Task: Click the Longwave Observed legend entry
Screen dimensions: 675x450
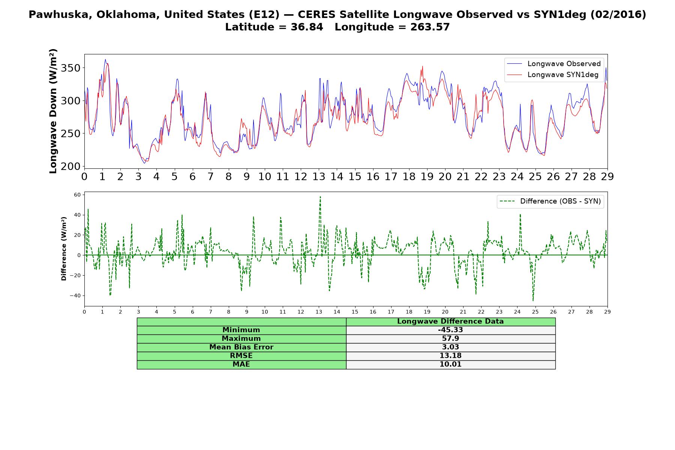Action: point(553,64)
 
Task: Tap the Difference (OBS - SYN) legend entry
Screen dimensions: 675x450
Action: point(550,201)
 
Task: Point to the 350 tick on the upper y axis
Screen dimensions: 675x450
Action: point(71,68)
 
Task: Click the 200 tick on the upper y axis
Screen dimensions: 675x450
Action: point(71,166)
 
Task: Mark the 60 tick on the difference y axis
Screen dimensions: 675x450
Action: point(78,195)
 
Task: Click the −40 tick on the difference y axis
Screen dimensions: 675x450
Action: point(75,295)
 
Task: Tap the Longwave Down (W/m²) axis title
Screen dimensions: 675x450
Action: point(53,111)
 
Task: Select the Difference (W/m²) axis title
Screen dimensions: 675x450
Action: point(64,249)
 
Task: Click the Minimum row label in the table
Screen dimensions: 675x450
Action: point(241,330)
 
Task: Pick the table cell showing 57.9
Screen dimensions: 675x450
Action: point(450,339)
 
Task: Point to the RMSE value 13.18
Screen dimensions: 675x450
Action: point(450,356)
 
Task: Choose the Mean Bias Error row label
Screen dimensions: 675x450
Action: point(241,347)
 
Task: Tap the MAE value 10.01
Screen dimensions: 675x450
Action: point(450,364)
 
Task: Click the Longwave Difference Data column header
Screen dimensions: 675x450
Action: point(450,321)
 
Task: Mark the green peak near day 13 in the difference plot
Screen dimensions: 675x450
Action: point(320,196)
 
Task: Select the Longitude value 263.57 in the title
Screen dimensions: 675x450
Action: point(430,27)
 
